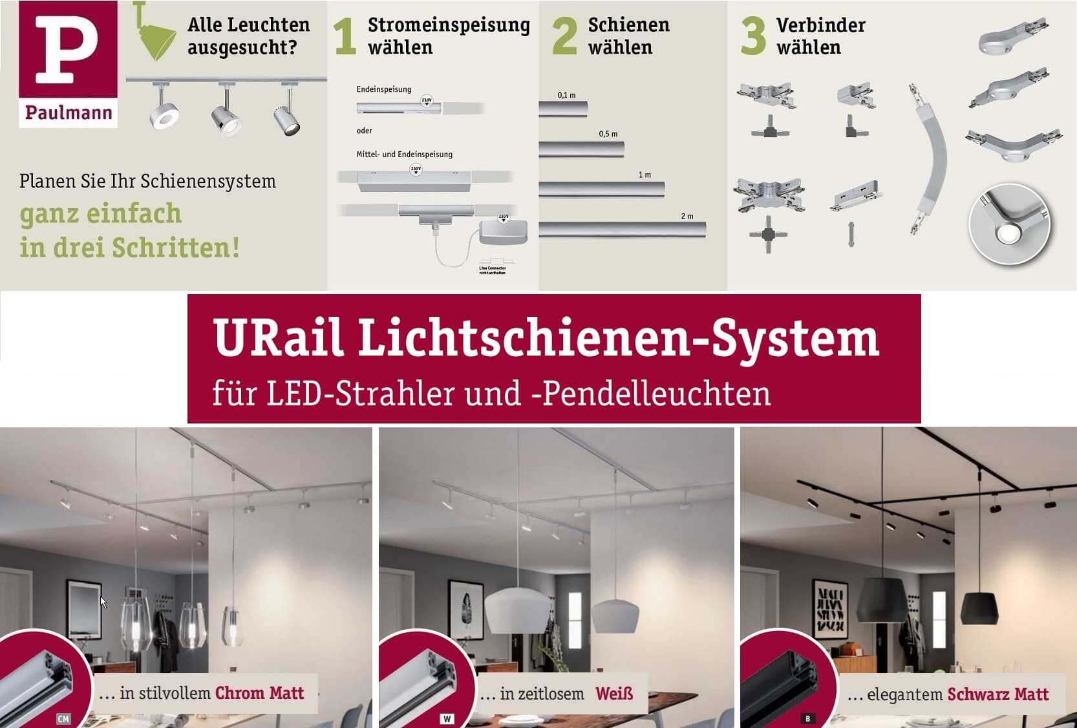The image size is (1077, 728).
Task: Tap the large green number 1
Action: pos(345,37)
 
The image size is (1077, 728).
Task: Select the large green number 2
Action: pos(564,37)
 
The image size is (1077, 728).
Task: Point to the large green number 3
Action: pos(753,37)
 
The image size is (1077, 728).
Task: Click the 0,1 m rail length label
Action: pos(566,95)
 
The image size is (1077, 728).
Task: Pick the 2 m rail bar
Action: pos(622,230)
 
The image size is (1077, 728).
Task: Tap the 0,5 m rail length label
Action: pos(608,134)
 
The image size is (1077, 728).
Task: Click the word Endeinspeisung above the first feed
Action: pos(383,89)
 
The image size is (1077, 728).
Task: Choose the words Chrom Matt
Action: pos(259,693)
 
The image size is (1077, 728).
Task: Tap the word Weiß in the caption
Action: pos(614,694)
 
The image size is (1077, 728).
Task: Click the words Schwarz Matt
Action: pos(997,694)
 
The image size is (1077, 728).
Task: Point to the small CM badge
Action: pos(63,719)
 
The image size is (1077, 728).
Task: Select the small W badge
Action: pos(447,719)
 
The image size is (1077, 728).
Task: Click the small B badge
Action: pos(807,719)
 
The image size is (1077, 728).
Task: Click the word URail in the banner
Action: pos(277,337)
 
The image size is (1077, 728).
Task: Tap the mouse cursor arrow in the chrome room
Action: pos(103,603)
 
